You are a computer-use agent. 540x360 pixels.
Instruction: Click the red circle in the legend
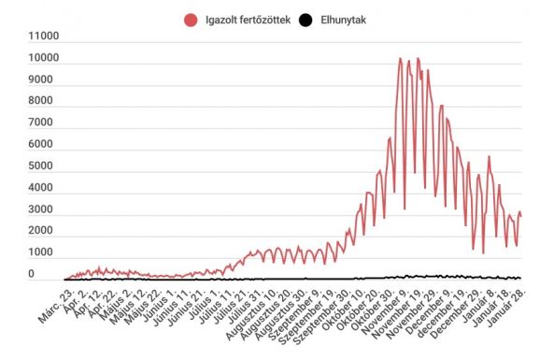[x=191, y=18]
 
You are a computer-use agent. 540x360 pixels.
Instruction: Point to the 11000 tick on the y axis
[x=44, y=37]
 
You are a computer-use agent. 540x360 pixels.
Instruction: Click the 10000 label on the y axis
[x=44, y=59]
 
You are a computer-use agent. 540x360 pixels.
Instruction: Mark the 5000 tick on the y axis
[x=47, y=166]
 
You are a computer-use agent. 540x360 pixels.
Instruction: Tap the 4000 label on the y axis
[x=47, y=188]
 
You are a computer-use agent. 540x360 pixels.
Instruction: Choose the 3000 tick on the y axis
[x=47, y=209]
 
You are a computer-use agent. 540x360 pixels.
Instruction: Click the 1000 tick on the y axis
[x=47, y=252]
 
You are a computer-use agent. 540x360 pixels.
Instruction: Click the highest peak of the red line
[x=400, y=59]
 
